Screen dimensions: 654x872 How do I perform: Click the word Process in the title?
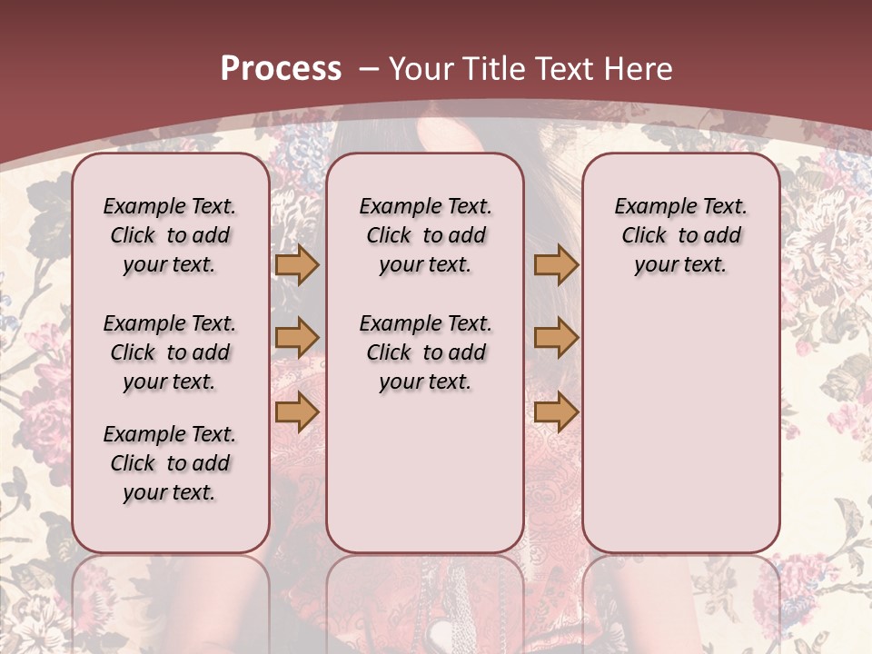281,69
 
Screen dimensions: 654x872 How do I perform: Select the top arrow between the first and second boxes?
297,265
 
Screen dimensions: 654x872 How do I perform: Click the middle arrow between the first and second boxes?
297,338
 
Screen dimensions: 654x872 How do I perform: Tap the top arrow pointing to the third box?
556,265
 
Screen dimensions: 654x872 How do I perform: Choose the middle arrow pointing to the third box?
556,338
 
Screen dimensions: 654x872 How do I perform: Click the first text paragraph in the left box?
170,235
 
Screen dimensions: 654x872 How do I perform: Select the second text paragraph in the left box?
170,352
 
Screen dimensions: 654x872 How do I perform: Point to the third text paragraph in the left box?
170,463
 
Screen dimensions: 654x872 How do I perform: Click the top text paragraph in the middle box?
425,235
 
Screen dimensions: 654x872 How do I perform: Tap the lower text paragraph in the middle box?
425,352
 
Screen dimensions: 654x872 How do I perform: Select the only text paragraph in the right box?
680,235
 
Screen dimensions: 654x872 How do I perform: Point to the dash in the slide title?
368,69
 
